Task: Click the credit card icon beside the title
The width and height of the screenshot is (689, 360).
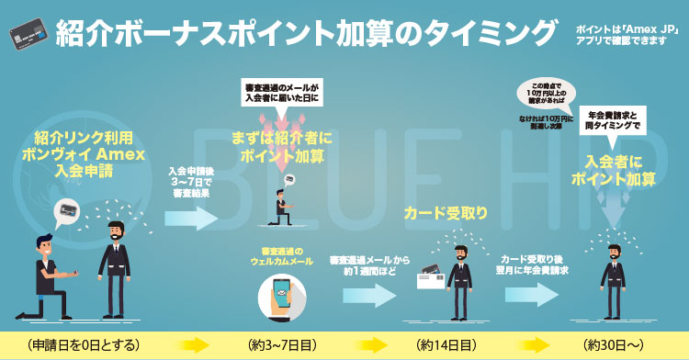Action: pos(28,34)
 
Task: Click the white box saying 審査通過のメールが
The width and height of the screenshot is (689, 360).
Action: pos(282,92)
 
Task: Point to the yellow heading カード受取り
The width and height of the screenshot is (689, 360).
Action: pos(446,213)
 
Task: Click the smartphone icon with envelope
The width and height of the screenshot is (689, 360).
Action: pos(282,298)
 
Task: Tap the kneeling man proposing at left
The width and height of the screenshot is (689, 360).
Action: pos(49,277)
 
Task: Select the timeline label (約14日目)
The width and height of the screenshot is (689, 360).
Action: pos(446,345)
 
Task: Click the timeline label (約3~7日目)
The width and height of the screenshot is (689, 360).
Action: pos(282,345)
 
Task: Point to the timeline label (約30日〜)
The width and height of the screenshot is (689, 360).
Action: pos(613,345)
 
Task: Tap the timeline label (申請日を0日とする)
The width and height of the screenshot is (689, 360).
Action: pos(83,345)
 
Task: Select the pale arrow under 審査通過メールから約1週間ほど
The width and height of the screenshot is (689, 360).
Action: pos(369,295)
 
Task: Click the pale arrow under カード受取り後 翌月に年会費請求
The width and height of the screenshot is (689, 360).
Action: pos(532,295)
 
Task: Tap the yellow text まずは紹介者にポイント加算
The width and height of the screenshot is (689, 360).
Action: pos(282,147)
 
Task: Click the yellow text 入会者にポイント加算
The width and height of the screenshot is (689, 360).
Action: pos(613,170)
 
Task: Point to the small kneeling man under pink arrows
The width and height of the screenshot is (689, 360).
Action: pos(282,208)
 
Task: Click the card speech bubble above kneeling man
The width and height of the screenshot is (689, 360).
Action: pos(68,212)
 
